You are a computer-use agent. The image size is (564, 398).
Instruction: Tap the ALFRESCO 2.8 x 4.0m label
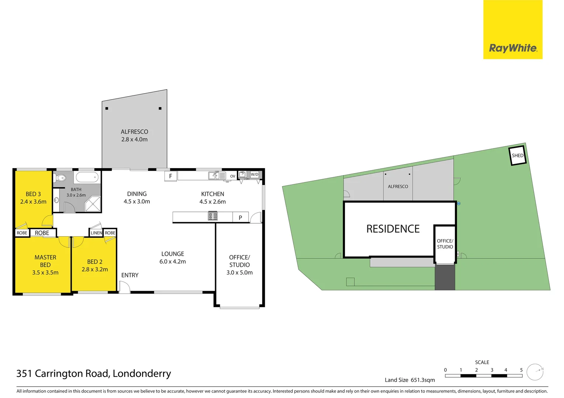134,136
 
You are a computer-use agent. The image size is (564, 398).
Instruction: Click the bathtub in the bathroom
87,177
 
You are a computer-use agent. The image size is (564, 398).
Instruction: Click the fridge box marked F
170,176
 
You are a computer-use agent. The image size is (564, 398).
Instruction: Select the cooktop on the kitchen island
213,216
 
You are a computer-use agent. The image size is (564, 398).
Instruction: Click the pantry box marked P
240,217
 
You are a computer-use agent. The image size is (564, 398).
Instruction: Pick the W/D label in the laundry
255,174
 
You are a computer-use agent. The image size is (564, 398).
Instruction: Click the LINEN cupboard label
96,233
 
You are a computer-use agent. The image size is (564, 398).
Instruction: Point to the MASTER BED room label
45,261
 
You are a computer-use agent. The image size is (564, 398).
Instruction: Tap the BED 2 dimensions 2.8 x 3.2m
95,269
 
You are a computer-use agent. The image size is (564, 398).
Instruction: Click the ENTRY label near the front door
130,275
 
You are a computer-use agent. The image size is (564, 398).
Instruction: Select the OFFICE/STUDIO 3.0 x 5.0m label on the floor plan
239,265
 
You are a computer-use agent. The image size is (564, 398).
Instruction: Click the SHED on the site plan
518,156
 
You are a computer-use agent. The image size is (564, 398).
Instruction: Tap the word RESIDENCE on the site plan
393,229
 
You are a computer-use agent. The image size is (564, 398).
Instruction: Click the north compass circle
535,372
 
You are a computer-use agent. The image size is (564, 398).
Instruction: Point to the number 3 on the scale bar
492,370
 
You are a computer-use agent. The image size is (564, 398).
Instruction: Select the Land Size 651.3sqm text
410,380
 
